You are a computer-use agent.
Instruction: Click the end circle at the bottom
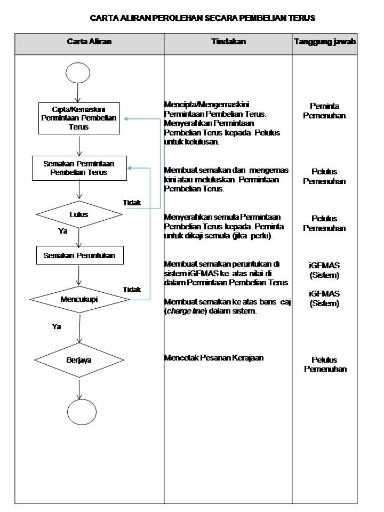point(80,411)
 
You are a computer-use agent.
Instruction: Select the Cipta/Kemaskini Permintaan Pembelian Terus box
point(78,118)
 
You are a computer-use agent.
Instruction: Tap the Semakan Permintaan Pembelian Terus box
point(79,168)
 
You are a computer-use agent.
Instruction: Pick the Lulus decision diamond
point(79,214)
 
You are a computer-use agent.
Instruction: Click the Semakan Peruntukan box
point(79,255)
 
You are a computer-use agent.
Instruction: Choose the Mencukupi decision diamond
point(79,299)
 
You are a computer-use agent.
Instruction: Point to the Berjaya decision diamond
point(79,360)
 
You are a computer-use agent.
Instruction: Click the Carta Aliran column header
point(89,42)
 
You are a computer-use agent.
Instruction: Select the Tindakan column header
point(228,42)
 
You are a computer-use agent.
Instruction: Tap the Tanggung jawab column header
point(325,42)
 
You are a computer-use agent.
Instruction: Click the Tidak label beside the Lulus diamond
point(132,203)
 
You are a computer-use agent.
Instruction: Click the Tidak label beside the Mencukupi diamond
point(132,290)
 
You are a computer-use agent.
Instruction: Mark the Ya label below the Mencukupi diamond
point(56,326)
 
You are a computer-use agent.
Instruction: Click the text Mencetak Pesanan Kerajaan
point(213,358)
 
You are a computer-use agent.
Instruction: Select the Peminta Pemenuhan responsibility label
point(324,111)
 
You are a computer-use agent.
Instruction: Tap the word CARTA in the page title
point(101,18)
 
